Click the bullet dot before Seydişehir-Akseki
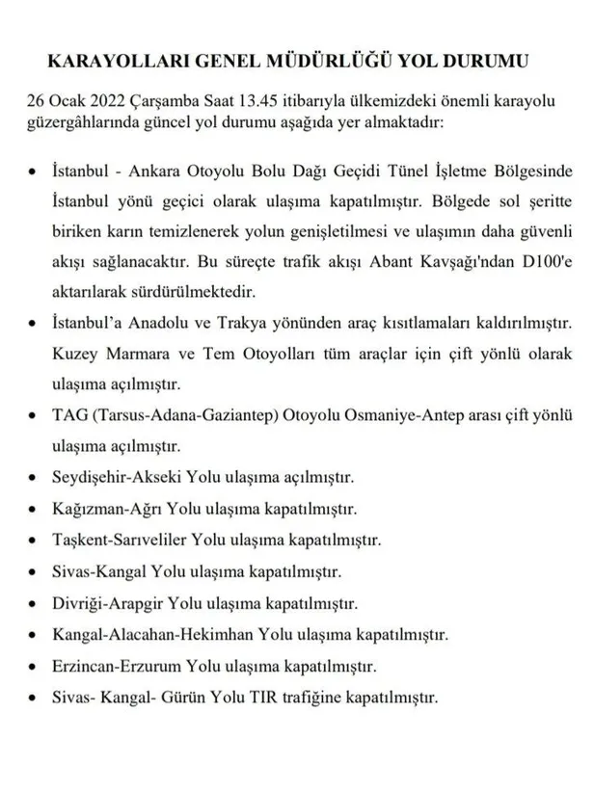(36, 478)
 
